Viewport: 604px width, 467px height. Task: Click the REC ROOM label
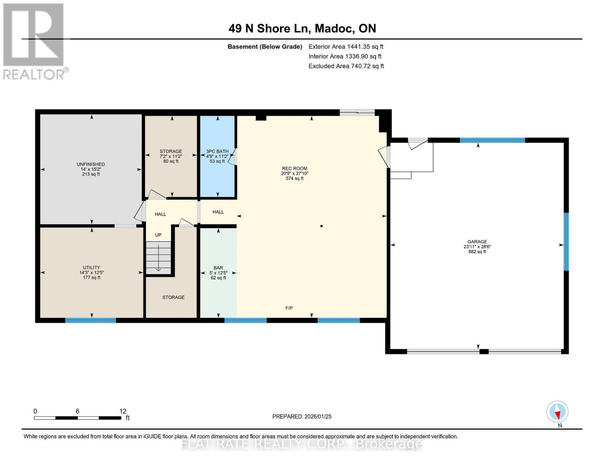coord(295,168)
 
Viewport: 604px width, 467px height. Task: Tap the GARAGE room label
coord(477,242)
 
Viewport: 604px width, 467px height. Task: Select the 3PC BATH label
coord(217,151)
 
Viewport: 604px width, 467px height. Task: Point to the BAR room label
coord(218,268)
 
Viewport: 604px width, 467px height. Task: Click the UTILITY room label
coord(91,268)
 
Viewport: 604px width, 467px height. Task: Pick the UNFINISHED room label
coord(91,164)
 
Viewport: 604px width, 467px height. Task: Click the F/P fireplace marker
coord(289,308)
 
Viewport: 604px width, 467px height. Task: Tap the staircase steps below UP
coord(158,258)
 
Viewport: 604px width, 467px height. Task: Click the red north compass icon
coord(557,412)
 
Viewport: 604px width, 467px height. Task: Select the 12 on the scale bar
coord(123,411)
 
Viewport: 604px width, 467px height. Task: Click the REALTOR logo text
coord(34,75)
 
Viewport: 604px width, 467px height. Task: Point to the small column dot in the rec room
coord(322,226)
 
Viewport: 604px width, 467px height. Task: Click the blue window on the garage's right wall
coord(566,242)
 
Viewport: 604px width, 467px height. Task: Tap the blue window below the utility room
coord(91,320)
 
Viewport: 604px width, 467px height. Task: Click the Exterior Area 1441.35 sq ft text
coord(346,47)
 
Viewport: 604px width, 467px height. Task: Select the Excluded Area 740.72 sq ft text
coord(346,66)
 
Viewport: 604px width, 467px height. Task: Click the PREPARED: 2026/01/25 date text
coord(302,416)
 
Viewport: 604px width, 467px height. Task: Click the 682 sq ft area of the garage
coord(477,252)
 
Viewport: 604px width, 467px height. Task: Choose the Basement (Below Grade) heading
coord(265,47)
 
